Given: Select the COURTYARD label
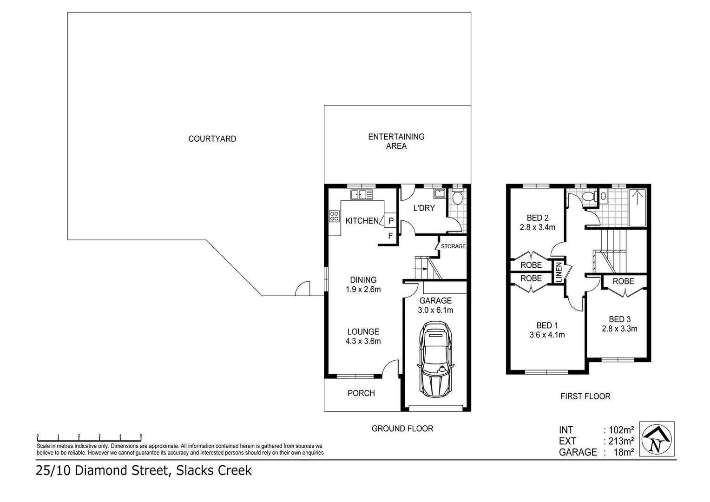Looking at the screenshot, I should (x=212, y=139).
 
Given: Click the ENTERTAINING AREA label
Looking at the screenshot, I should (x=396, y=141).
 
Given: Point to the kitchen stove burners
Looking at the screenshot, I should (x=334, y=216).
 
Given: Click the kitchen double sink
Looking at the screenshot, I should (x=362, y=194).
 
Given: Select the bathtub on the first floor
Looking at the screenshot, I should (x=638, y=207).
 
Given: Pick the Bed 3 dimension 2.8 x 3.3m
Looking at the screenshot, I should (x=619, y=329).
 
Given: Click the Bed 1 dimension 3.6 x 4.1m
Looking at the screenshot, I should (x=547, y=335).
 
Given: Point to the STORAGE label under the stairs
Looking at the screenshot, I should (x=453, y=246).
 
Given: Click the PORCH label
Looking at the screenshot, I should (x=361, y=393).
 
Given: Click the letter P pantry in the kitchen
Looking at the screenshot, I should (x=391, y=221).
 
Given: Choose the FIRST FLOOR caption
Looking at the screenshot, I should (x=585, y=396).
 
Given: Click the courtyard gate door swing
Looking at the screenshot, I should (x=303, y=289).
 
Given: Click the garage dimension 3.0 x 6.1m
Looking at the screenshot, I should (x=435, y=310).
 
